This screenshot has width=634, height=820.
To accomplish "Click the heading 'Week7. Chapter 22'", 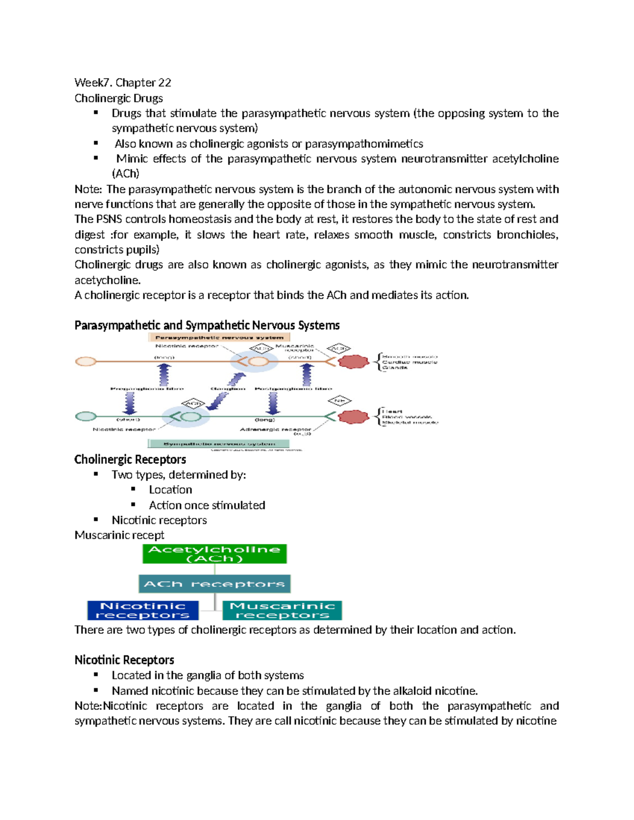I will tap(123, 82).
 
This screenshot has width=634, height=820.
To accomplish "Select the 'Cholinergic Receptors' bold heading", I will tap(130, 459).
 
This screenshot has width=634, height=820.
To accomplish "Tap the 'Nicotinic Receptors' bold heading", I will tap(124, 660).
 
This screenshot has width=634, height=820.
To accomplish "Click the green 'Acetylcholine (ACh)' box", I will tap(215, 554).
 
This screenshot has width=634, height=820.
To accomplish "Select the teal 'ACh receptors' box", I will tap(215, 584).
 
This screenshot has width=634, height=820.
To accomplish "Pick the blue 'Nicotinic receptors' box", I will tap(143, 610).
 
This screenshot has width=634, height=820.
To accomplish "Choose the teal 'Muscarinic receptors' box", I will tap(282, 610).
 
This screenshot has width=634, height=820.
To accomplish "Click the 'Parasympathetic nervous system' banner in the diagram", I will tap(219, 337).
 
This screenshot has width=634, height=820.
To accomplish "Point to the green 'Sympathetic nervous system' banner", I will tap(219, 444).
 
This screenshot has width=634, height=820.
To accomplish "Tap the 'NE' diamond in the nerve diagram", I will tap(339, 401).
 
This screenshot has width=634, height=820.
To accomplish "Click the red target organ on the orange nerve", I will tap(353, 362).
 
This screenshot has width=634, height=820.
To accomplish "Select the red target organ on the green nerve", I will tap(353, 417).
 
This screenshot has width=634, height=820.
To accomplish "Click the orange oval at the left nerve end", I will tap(86, 362).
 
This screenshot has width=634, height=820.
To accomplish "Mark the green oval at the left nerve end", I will tap(86, 417).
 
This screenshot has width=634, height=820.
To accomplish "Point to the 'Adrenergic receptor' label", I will tap(275, 429).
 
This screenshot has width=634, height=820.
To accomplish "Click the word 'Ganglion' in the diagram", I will tap(228, 389).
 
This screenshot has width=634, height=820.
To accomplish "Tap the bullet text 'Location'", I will tap(170, 490).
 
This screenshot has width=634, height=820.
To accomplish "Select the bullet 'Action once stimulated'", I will tap(207, 505).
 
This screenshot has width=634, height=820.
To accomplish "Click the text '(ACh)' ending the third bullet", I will tap(125, 174).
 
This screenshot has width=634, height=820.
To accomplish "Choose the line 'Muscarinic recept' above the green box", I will tap(119, 535).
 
